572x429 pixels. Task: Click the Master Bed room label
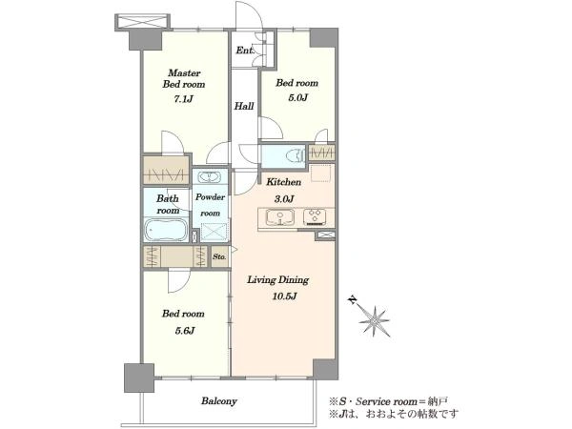pyautogui.click(x=184, y=78)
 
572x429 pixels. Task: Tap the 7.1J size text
pyautogui.click(x=183, y=99)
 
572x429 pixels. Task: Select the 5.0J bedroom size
pyautogui.click(x=298, y=98)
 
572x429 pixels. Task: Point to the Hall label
pyautogui.click(x=244, y=106)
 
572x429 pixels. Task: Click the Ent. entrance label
pyautogui.click(x=244, y=50)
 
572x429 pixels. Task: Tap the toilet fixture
pyautogui.click(x=296, y=156)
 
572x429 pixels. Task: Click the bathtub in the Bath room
pyautogui.click(x=166, y=230)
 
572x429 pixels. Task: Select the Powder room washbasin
pyautogui.click(x=209, y=177)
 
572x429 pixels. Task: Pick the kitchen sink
pyautogui.click(x=279, y=217)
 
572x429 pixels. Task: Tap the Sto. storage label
pyautogui.click(x=219, y=256)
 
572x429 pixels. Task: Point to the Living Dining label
pyautogui.click(x=278, y=280)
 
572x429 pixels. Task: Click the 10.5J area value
pyautogui.click(x=284, y=296)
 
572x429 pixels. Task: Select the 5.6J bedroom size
pyautogui.click(x=184, y=331)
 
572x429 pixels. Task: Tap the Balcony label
pyautogui.click(x=219, y=401)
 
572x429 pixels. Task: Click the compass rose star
pyautogui.click(x=375, y=321)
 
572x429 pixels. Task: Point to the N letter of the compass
pyautogui.click(x=353, y=300)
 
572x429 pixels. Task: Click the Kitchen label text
pyautogui.click(x=284, y=182)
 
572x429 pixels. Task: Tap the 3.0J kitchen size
pyautogui.click(x=284, y=199)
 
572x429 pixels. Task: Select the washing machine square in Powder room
pyautogui.click(x=214, y=232)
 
